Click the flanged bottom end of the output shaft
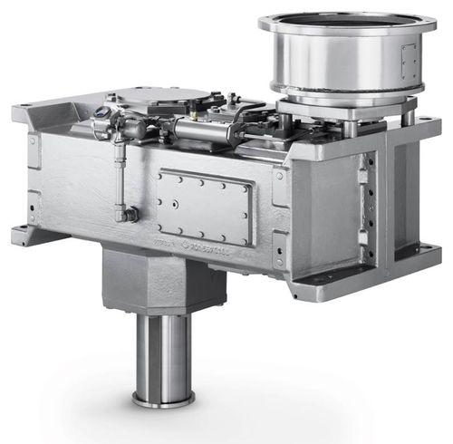pyautogui.click(x=164, y=399)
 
